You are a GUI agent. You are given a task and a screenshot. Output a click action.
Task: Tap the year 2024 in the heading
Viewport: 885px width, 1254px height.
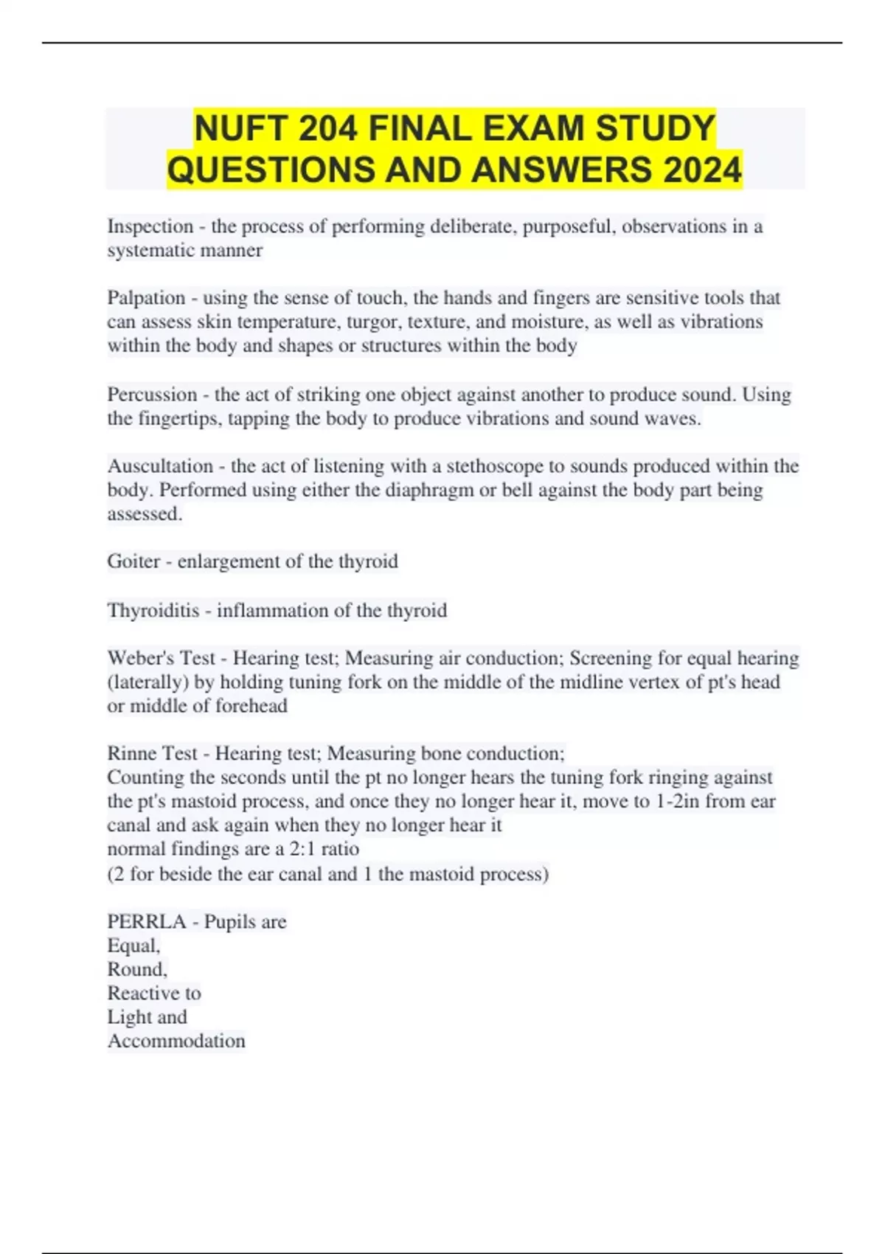(x=702, y=170)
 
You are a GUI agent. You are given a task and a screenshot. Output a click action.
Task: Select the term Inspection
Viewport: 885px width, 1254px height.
(x=150, y=226)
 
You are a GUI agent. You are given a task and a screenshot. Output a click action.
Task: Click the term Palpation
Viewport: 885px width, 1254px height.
(x=146, y=298)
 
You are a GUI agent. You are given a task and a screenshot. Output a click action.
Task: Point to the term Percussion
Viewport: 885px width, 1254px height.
(x=151, y=395)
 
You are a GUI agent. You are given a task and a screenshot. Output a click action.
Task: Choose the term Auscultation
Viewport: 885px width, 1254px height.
(x=160, y=466)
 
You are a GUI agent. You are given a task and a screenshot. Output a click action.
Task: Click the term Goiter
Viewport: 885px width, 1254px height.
(x=133, y=561)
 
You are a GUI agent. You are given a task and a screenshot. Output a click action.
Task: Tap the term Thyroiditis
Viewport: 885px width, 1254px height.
(x=153, y=611)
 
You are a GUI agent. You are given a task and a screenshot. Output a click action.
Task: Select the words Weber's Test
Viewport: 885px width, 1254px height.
(x=161, y=658)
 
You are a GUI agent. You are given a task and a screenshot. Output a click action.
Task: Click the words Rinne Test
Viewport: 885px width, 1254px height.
(x=152, y=753)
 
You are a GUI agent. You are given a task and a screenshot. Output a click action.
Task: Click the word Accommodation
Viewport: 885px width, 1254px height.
(x=176, y=1041)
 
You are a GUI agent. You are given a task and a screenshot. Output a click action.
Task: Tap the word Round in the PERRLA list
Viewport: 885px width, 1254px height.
(x=136, y=969)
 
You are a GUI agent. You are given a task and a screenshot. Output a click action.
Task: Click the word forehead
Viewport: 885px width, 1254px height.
(x=247, y=706)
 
